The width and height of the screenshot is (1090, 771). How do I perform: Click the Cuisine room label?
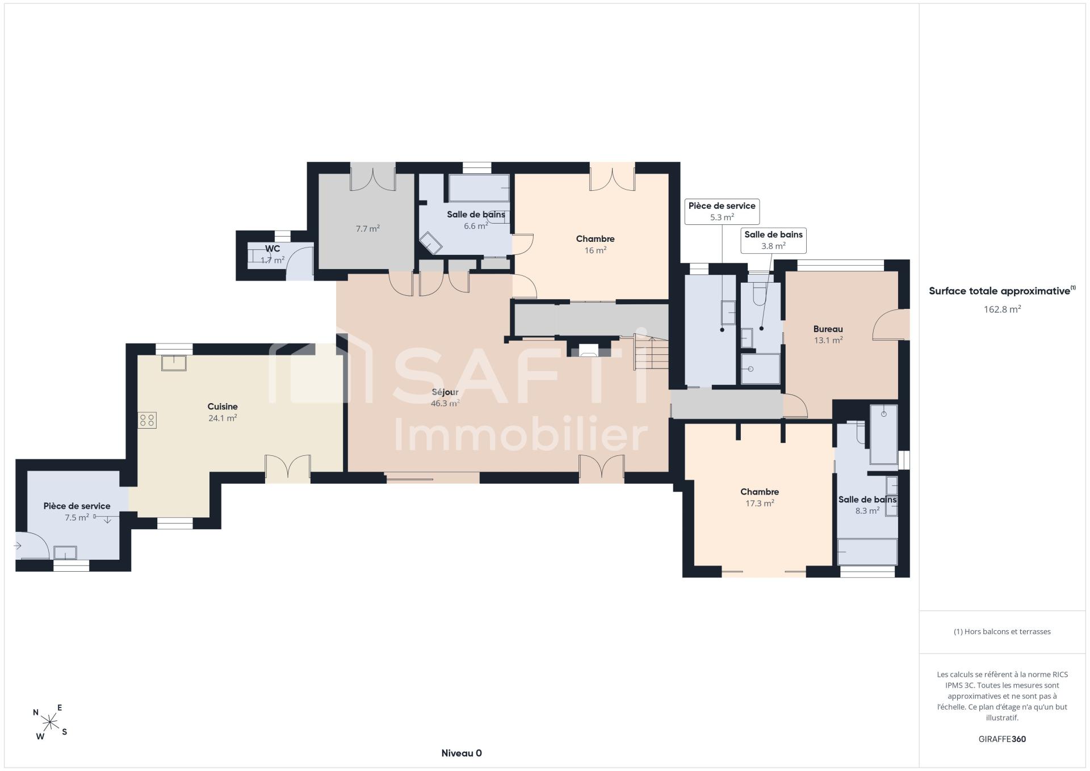[x=223, y=407]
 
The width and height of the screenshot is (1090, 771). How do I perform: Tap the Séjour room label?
[x=445, y=392]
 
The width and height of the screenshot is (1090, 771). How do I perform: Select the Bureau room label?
[x=828, y=329]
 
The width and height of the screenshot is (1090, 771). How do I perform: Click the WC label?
[x=272, y=249]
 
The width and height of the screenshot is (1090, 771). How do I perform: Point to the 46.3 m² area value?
[x=445, y=404]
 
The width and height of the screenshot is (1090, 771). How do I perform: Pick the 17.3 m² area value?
[x=760, y=503]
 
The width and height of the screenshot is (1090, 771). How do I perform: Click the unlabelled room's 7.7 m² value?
[x=368, y=229]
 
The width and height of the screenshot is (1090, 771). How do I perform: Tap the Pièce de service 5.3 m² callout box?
[x=722, y=211]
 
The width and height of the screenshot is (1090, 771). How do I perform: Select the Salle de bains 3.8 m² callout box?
[x=773, y=240]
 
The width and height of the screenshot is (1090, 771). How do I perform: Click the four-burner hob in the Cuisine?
[x=147, y=420]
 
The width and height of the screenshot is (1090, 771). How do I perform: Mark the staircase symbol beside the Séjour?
[x=652, y=352]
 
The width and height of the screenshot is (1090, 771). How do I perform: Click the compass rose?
[x=51, y=723]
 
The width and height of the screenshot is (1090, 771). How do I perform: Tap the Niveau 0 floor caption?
[x=462, y=753]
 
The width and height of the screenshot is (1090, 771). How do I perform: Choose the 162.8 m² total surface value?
[x=1002, y=309]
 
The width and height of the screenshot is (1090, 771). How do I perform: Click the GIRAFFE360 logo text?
[x=1002, y=739]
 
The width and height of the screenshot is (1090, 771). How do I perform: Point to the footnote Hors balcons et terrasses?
[x=1002, y=631]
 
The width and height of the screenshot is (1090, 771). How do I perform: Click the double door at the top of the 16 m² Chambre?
[x=612, y=177]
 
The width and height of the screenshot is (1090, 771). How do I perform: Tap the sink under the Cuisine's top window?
[x=174, y=363]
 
